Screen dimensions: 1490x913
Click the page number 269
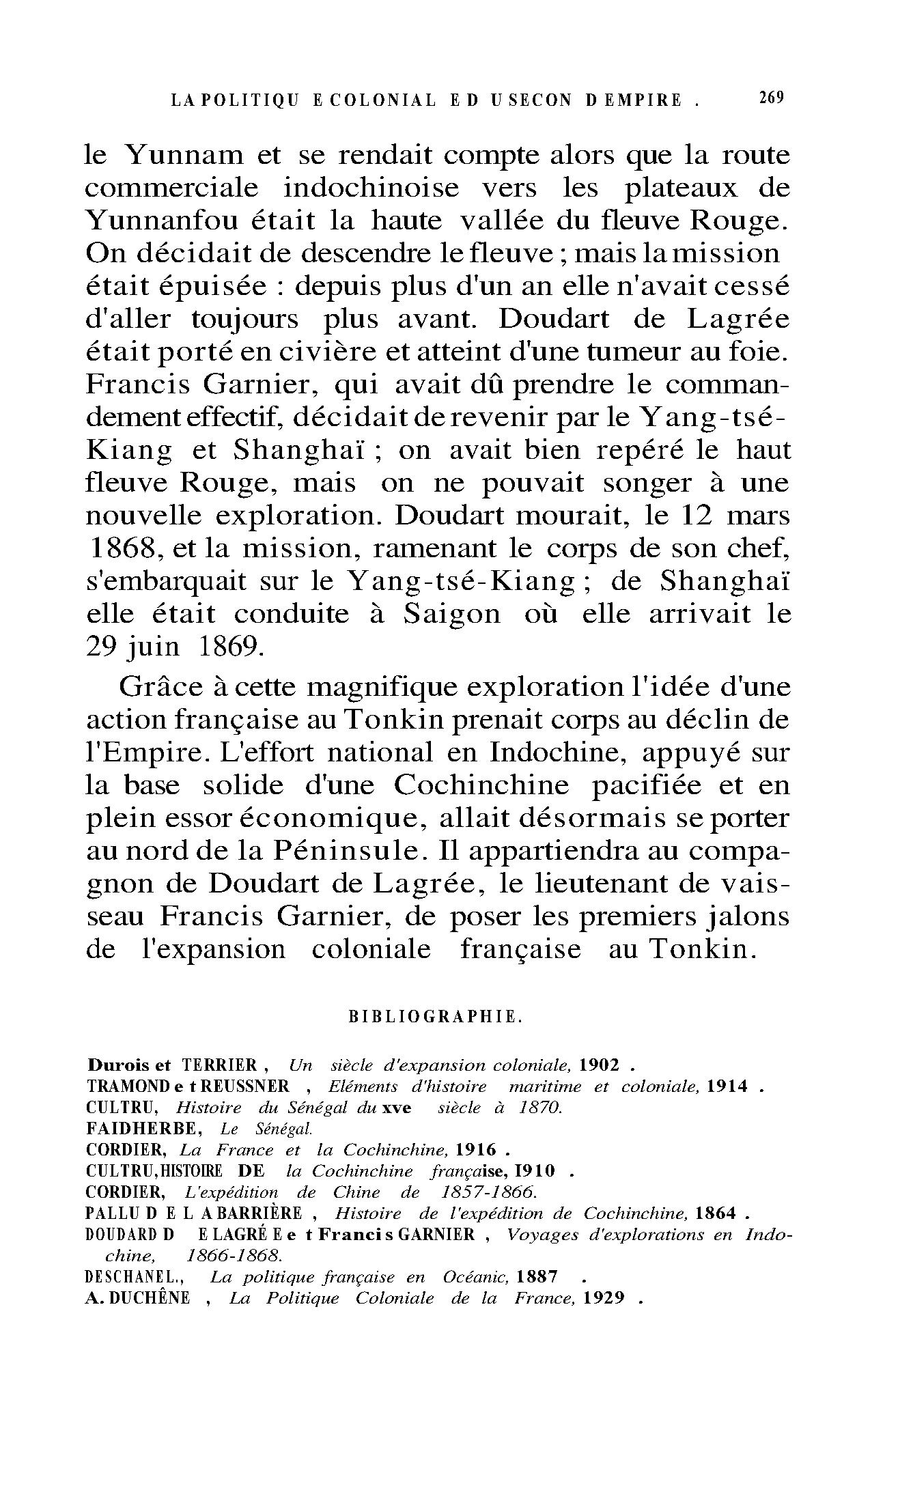[771, 98]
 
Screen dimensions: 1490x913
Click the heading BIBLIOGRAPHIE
[436, 1016]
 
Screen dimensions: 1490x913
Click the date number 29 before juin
[102, 647]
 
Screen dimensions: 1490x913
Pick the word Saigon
[451, 614]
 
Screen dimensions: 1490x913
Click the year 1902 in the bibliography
[599, 1065]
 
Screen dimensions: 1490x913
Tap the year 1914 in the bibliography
[727, 1086]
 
